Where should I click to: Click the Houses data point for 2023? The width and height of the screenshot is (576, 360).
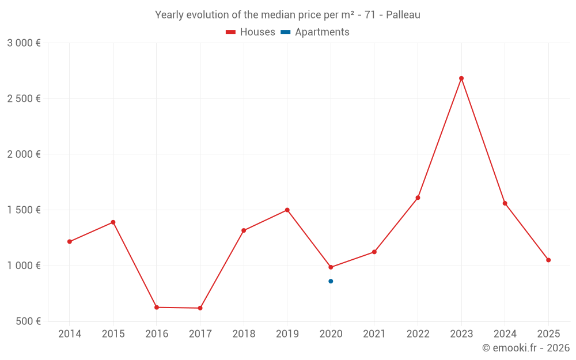point(461,78)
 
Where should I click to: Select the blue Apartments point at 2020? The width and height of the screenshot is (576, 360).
point(331,281)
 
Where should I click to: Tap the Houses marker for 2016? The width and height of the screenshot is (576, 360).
point(157,308)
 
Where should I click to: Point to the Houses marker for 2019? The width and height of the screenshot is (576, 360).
point(287,210)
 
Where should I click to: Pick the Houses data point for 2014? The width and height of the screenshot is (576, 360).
point(70,242)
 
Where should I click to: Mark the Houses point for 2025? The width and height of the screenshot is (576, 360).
point(548,260)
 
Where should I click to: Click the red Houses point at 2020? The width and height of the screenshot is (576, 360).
point(331,267)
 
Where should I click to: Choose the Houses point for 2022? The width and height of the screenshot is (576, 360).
point(418,198)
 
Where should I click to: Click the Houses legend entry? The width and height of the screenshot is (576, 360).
point(251,32)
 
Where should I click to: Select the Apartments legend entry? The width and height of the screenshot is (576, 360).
point(316,32)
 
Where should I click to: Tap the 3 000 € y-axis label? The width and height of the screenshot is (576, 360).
point(24,43)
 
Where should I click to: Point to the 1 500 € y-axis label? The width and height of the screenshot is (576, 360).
point(24,210)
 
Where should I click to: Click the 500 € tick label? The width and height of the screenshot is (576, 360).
point(28,321)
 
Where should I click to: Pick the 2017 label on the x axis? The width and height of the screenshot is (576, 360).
point(200,334)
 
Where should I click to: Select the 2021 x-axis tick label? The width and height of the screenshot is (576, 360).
point(374,334)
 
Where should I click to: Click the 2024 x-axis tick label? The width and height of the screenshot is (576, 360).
point(505,334)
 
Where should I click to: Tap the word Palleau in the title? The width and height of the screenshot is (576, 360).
point(403,15)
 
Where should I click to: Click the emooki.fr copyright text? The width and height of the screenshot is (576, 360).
point(525,348)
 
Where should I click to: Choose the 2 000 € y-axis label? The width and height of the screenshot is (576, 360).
point(24,154)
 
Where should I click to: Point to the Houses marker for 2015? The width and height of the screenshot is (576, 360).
point(113,222)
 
